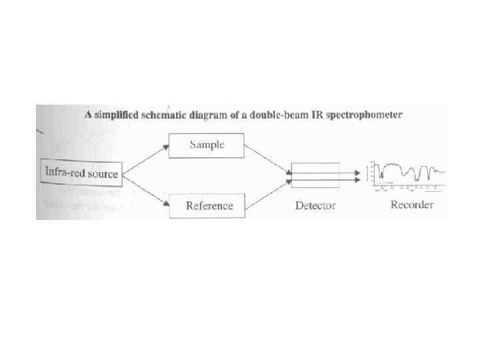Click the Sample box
[x=207, y=145]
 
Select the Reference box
[x=209, y=205]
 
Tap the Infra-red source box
[x=81, y=173]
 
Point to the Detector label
[x=315, y=205]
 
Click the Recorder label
[x=411, y=205]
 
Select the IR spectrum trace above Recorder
[x=408, y=173]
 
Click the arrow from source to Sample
[x=145, y=158]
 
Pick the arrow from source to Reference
[x=145, y=189]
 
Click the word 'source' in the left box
[x=103, y=174]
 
